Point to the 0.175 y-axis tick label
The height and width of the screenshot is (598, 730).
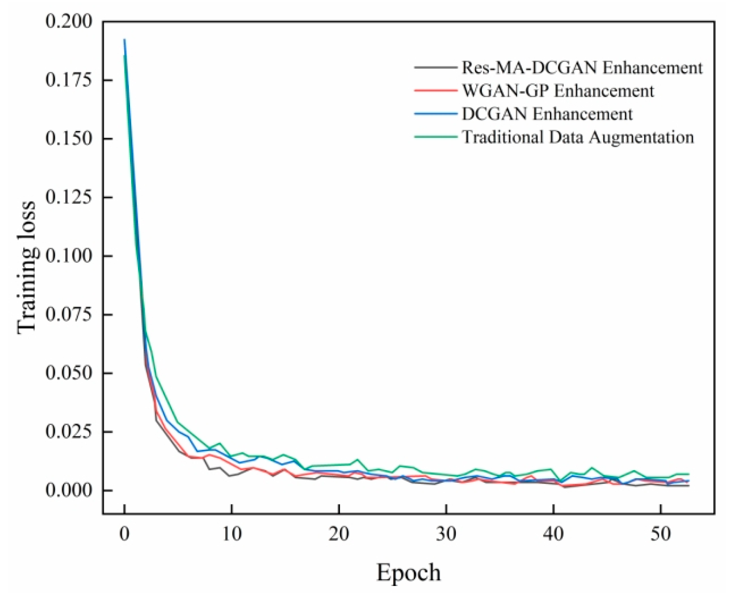[x=68, y=79]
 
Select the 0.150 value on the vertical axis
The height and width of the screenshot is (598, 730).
[x=68, y=138]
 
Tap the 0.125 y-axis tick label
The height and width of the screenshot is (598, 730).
[x=68, y=197]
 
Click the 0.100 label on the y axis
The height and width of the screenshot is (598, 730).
[x=68, y=256]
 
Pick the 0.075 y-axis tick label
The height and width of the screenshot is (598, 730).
[x=68, y=314]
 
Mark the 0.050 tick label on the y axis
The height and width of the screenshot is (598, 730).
[x=68, y=373]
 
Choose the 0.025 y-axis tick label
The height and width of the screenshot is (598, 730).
[x=68, y=432]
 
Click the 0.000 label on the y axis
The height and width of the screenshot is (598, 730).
[x=68, y=490]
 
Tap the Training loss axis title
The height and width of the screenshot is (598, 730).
[x=27, y=267]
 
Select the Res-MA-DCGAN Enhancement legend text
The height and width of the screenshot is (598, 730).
[x=582, y=67]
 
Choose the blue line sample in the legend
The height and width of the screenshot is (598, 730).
[x=435, y=114]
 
